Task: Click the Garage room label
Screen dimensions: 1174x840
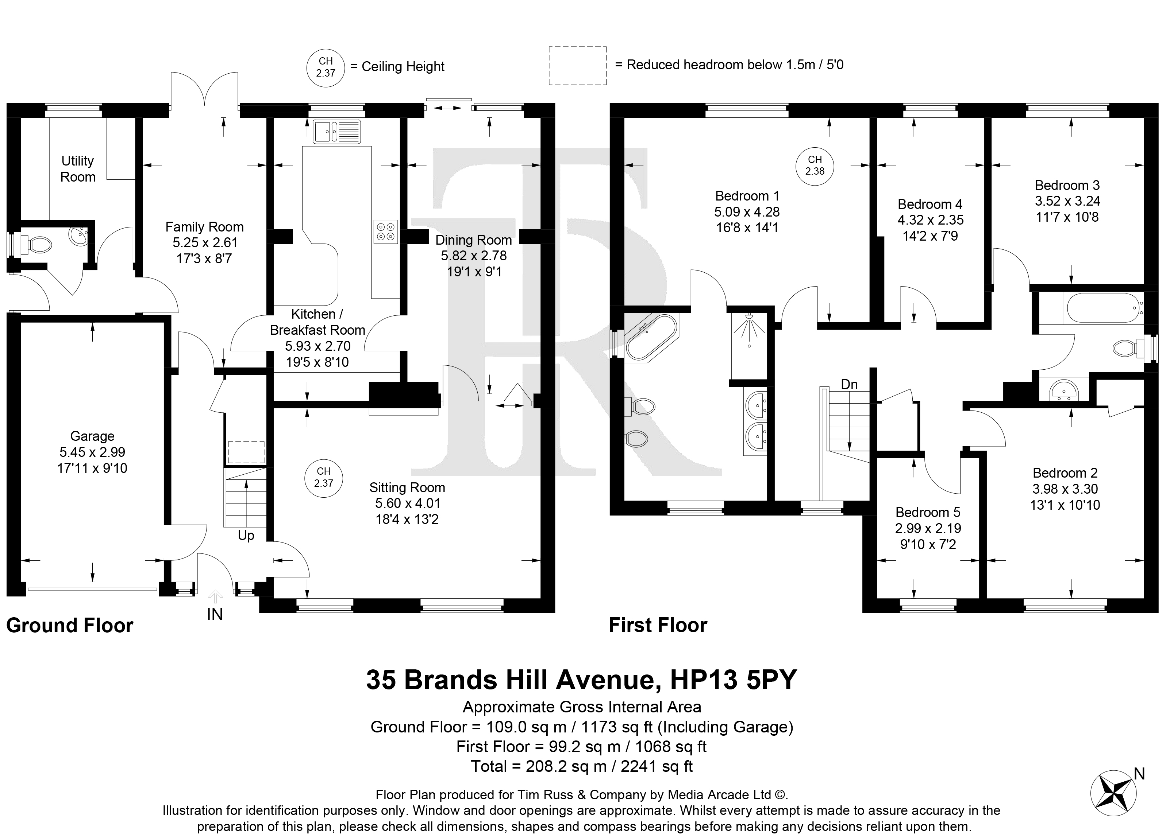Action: click(x=92, y=436)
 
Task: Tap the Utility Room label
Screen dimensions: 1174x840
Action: click(x=78, y=169)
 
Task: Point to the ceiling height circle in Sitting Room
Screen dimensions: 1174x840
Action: click(x=324, y=477)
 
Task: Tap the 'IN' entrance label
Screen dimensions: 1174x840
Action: click(x=215, y=614)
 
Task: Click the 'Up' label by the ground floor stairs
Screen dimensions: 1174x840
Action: click(x=246, y=535)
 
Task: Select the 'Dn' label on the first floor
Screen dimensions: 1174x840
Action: click(x=849, y=384)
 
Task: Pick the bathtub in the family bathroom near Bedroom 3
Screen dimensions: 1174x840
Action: click(x=1102, y=309)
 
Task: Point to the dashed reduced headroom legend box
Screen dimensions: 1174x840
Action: click(x=577, y=66)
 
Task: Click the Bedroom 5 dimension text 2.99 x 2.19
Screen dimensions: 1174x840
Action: click(x=928, y=528)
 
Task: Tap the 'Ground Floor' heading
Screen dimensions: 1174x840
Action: click(x=70, y=625)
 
